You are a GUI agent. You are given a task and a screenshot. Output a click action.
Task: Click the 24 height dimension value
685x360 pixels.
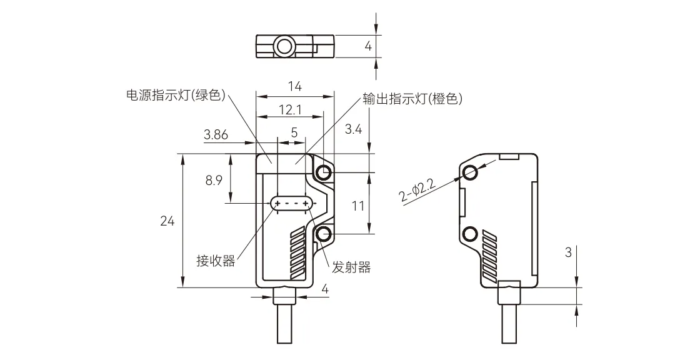(x=167, y=221)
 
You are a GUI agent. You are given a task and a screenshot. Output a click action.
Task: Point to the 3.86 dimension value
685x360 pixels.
(x=216, y=134)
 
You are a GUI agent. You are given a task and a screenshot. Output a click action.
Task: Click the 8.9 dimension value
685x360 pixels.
(x=214, y=181)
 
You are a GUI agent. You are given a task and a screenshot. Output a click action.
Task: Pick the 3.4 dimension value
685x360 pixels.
(x=353, y=129)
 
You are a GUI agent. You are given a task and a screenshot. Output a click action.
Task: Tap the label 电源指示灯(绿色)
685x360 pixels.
(x=175, y=96)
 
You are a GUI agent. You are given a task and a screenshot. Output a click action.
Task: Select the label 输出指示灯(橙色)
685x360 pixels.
(x=412, y=99)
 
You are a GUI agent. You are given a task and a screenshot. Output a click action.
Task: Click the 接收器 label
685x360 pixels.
(x=216, y=261)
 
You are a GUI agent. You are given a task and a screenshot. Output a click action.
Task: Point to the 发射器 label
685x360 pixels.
(x=351, y=267)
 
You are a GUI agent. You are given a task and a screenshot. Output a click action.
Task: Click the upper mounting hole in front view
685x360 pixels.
(x=323, y=172)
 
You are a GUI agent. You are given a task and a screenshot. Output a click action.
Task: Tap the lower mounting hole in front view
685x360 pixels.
(x=323, y=234)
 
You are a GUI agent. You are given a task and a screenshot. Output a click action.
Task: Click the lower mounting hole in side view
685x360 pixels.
(x=469, y=234)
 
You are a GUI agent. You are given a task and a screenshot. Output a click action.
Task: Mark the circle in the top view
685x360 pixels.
(x=284, y=46)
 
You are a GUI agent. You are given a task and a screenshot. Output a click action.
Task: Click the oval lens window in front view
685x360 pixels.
(x=291, y=204)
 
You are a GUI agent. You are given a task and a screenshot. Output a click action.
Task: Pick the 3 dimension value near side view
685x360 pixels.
(x=567, y=253)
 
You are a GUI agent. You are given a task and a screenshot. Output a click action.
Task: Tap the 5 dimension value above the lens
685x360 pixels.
(x=294, y=132)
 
